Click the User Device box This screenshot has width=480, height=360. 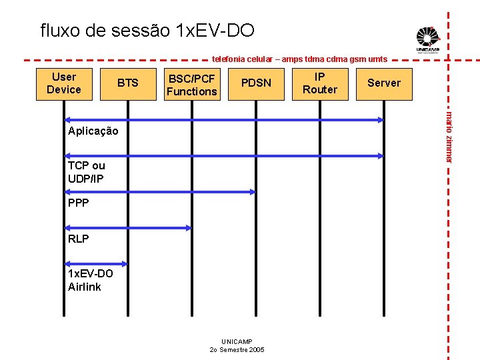(x=64, y=83)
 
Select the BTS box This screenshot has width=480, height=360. (x=127, y=83)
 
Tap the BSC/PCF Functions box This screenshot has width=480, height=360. (x=192, y=85)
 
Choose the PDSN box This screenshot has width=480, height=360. (x=256, y=83)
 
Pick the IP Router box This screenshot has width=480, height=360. (x=320, y=83)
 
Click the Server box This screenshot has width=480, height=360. (x=384, y=83)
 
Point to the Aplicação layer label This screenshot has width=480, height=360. (x=93, y=131)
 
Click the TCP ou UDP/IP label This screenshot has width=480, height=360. (x=86, y=172)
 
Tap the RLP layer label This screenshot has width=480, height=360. (x=78, y=239)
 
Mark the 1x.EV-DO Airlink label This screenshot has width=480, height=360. (x=90, y=281)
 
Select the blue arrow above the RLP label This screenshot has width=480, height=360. (x=127, y=228)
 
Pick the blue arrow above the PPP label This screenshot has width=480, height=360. (x=159, y=192)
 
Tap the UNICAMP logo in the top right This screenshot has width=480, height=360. (x=427, y=39)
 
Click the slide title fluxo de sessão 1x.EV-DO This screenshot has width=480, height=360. (x=147, y=31)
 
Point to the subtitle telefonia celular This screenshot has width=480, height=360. (x=299, y=59)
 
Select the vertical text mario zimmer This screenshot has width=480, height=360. (x=449, y=137)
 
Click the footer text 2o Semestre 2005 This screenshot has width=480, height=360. (x=237, y=350)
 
